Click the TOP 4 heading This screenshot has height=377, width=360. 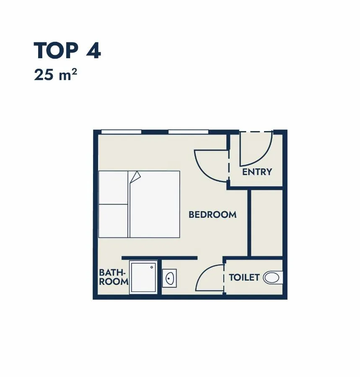click(67, 51)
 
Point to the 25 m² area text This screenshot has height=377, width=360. click(55, 74)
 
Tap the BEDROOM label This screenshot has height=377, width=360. click(212, 215)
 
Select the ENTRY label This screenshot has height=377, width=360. click(257, 172)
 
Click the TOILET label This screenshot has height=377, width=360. click(244, 277)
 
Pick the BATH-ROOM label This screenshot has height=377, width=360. click(114, 277)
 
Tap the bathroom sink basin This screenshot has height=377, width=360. click(170, 278)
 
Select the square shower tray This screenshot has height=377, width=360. click(143, 277)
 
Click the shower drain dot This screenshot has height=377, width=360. click(152, 267)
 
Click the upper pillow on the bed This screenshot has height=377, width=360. click(113, 188)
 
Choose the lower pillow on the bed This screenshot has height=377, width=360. click(113, 221)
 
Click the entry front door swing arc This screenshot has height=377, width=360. click(264, 158)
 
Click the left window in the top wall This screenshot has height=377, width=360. click(121, 132)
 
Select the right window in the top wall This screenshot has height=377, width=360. click(188, 132)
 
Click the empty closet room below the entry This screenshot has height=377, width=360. click(267, 223)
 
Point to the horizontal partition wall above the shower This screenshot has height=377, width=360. click(159, 258)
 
